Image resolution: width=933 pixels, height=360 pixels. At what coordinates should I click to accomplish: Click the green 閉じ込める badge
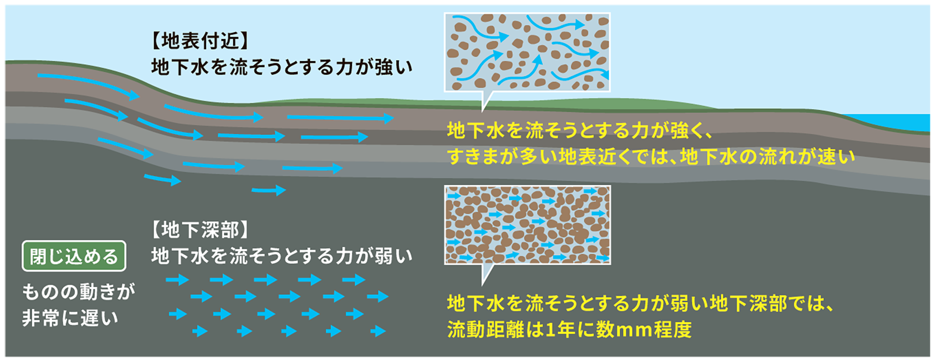[x=74, y=256]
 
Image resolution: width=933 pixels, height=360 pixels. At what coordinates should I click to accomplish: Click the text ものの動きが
[x=79, y=291]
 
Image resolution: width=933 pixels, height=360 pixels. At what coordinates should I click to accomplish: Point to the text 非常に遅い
[x=70, y=318]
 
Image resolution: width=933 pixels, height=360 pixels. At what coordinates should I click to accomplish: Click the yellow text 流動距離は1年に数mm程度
[x=569, y=329]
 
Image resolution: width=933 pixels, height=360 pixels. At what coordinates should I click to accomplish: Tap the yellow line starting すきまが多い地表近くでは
[x=651, y=156]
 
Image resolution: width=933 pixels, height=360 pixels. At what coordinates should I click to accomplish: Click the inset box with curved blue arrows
[x=527, y=52]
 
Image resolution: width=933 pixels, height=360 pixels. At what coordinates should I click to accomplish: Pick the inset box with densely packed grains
[x=527, y=224]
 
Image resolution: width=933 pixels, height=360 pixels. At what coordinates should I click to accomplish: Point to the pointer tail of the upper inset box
[x=486, y=101]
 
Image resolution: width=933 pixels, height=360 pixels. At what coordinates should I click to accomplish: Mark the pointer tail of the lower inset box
[x=486, y=274]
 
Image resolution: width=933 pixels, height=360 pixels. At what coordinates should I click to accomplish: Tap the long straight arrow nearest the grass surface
[x=341, y=118]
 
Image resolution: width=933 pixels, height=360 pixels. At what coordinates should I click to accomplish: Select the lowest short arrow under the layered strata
[x=269, y=190]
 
